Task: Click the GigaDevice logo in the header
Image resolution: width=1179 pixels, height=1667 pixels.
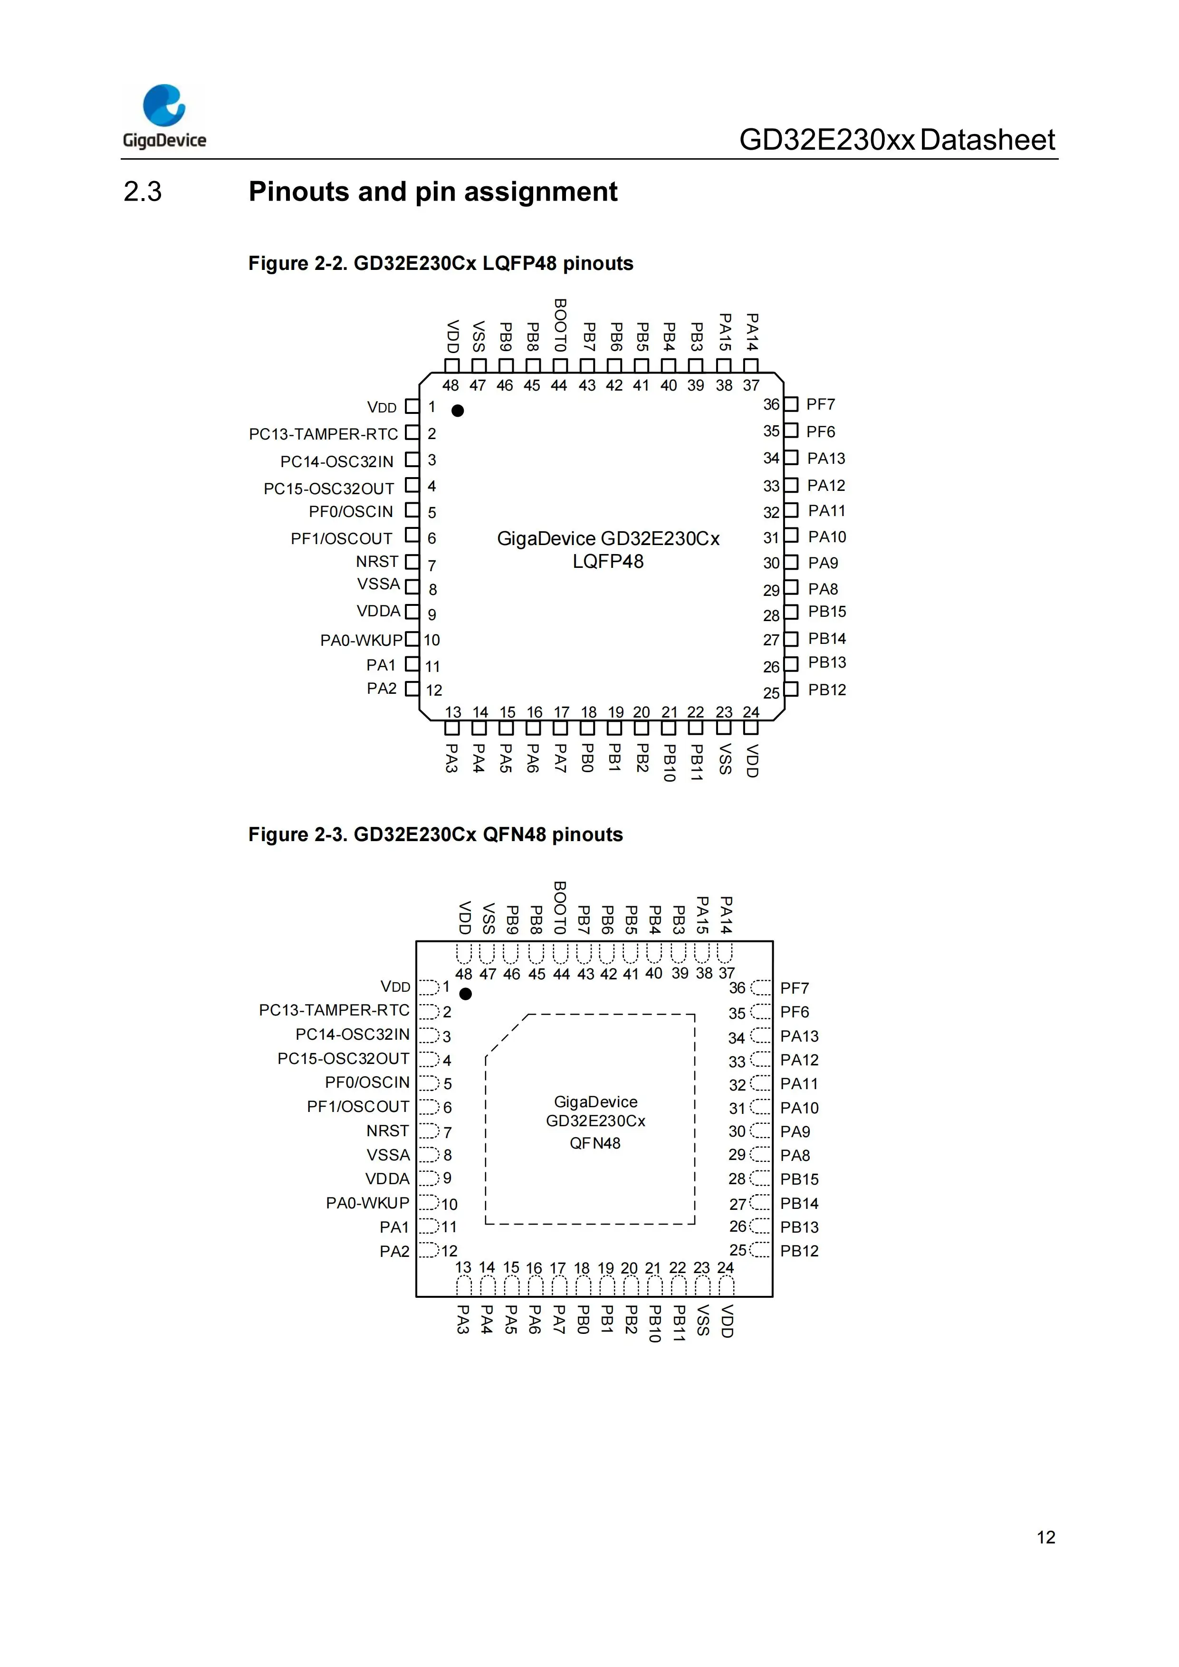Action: (x=164, y=116)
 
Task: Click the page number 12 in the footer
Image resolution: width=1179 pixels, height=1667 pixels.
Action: (x=1045, y=1537)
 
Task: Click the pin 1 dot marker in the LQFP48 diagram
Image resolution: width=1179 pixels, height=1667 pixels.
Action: (x=457, y=411)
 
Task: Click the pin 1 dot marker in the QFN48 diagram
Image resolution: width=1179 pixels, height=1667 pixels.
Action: (x=466, y=994)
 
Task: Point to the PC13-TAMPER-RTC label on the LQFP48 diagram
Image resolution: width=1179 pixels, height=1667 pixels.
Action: (x=323, y=434)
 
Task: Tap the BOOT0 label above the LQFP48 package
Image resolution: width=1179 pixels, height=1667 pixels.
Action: (x=560, y=325)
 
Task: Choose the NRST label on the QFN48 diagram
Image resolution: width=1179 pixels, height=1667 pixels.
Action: (x=388, y=1130)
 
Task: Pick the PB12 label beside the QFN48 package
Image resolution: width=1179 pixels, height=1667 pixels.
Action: (x=799, y=1251)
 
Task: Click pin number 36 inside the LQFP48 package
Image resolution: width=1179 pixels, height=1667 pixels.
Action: (x=771, y=404)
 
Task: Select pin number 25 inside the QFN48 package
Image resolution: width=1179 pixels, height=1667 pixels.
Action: (x=738, y=1250)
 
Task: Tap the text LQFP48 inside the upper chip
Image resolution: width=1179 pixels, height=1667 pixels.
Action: (x=608, y=561)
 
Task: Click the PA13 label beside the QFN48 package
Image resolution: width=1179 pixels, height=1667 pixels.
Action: (x=799, y=1036)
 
